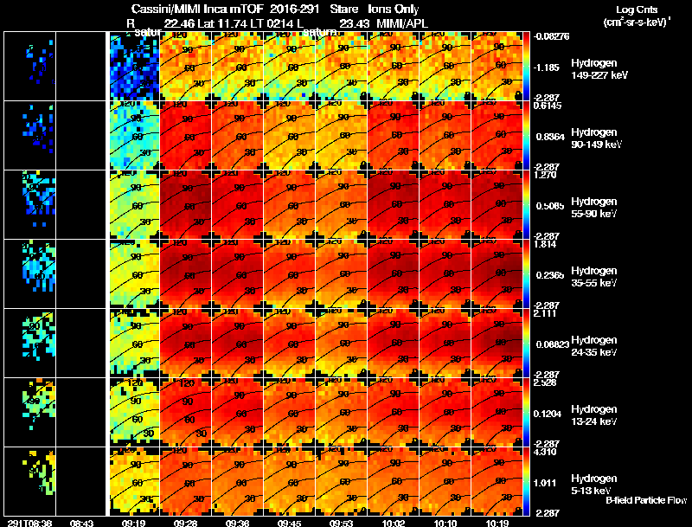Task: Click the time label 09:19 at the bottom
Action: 133,523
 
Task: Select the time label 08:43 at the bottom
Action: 81,523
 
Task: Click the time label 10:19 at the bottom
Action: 495,523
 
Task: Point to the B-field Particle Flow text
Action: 646,500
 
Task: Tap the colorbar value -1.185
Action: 548,66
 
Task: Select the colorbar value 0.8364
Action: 548,135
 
